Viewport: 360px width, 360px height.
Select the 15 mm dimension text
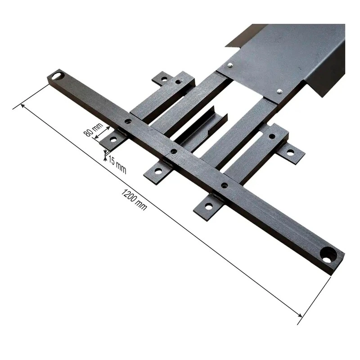(117, 166)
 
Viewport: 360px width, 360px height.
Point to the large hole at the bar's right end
(328, 254)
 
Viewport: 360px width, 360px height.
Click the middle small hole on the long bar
(174, 151)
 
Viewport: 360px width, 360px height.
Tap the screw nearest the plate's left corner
(230, 66)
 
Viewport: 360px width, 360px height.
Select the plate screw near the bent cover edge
(279, 91)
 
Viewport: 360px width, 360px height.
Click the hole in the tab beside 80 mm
(113, 139)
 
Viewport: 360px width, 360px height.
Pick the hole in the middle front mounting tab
(158, 171)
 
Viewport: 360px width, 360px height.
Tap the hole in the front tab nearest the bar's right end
(208, 206)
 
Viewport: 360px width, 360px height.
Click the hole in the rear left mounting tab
(164, 79)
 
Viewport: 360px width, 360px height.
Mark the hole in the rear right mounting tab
(290, 153)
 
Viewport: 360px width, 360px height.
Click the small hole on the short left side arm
(179, 82)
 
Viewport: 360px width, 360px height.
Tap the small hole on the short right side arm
(272, 136)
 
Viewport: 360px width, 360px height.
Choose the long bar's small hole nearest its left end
(128, 121)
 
